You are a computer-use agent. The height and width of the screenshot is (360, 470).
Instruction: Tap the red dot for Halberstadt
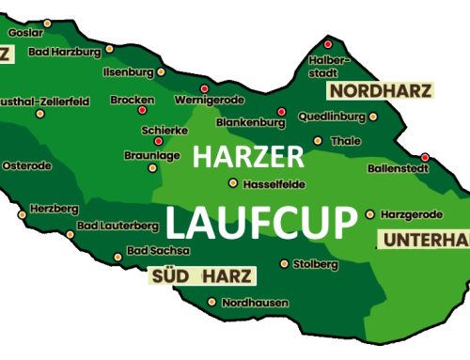click(328, 44)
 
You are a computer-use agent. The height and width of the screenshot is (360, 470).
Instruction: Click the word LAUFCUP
click(262, 224)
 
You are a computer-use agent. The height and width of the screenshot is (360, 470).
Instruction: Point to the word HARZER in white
click(248, 157)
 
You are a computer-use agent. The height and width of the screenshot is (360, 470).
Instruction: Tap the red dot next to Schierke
click(158, 141)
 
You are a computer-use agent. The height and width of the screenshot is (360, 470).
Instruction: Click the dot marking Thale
click(317, 141)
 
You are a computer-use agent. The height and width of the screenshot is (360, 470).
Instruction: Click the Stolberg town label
click(315, 264)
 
